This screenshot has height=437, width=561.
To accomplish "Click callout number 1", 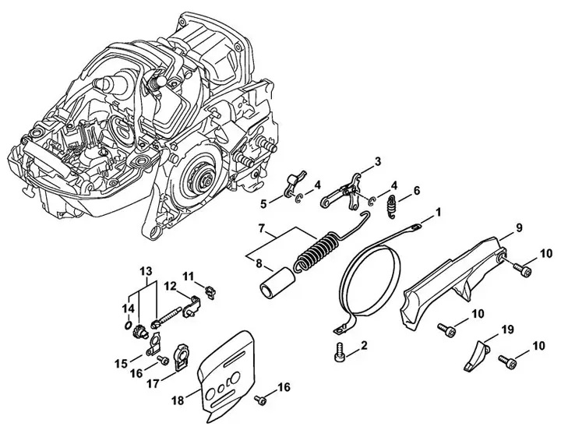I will tap(439, 211).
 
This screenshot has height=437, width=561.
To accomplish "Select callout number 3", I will tap(377, 162).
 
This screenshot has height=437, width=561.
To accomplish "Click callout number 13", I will tap(145, 270).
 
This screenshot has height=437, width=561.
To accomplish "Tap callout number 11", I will tap(188, 276).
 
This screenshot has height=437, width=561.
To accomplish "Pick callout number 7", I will tap(263, 230).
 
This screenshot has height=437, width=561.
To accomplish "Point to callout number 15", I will tap(121, 363).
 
